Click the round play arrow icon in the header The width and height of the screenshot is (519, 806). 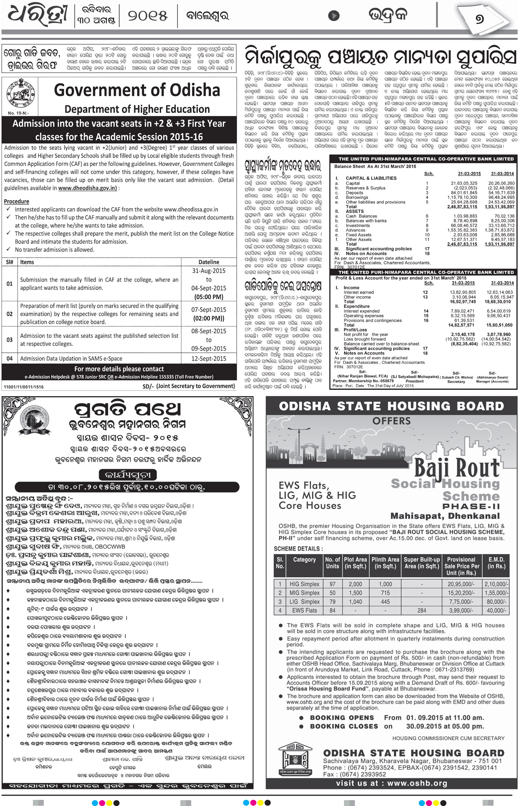point(334,16)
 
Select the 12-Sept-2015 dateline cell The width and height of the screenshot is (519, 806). point(209,359)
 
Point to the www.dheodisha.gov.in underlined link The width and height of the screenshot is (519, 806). point(88,188)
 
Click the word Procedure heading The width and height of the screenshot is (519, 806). point(17,201)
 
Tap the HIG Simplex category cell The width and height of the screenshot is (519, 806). point(304,584)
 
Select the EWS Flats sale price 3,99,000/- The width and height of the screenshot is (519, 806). point(462,611)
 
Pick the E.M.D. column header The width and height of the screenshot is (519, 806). point(496,563)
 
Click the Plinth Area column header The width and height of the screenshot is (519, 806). point(385,563)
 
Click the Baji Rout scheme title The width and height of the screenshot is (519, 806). point(457,468)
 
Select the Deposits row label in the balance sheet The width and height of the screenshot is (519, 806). point(354,193)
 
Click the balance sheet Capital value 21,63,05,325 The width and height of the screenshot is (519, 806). point(464,183)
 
